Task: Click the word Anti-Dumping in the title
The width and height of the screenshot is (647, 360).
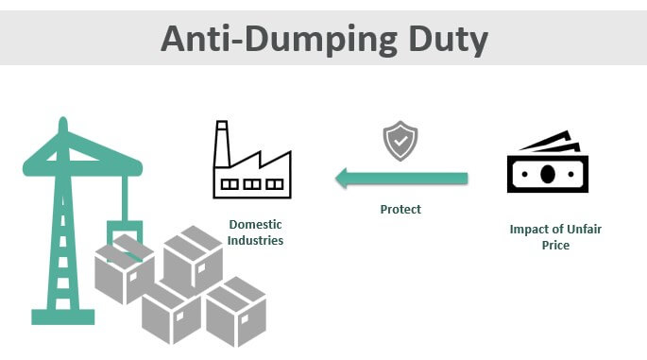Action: pyautogui.click(x=279, y=40)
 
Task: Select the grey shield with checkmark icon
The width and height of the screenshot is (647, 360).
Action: pyautogui.click(x=400, y=141)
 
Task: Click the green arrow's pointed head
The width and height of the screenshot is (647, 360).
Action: pyautogui.click(x=343, y=179)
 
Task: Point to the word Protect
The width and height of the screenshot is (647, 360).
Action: pyautogui.click(x=400, y=210)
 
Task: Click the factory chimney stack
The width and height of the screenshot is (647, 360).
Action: pyautogui.click(x=222, y=144)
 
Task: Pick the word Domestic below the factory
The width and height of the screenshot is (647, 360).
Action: pyautogui.click(x=255, y=225)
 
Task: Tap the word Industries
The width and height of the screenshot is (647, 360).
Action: pyautogui.click(x=255, y=240)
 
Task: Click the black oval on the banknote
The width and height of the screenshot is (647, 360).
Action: pyautogui.click(x=547, y=174)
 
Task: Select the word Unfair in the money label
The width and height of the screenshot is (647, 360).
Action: pyautogui.click(x=584, y=229)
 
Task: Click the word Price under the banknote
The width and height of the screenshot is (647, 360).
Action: pyautogui.click(x=555, y=246)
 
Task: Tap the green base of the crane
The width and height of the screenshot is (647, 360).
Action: pyautogui.click(x=62, y=317)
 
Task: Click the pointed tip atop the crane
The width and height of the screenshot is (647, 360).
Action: pyautogui.click(x=62, y=119)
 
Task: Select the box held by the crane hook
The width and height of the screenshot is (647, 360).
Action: pyautogui.click(x=124, y=269)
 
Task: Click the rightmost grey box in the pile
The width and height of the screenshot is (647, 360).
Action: pyautogui.click(x=235, y=312)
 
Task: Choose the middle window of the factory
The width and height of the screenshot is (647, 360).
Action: pyautogui.click(x=251, y=184)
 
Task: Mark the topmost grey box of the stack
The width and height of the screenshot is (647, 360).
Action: pyautogui.click(x=193, y=261)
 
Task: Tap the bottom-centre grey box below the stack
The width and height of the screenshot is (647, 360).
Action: pyautogui.click(x=171, y=313)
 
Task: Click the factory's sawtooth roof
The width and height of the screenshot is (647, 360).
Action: pyautogui.click(x=260, y=161)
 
